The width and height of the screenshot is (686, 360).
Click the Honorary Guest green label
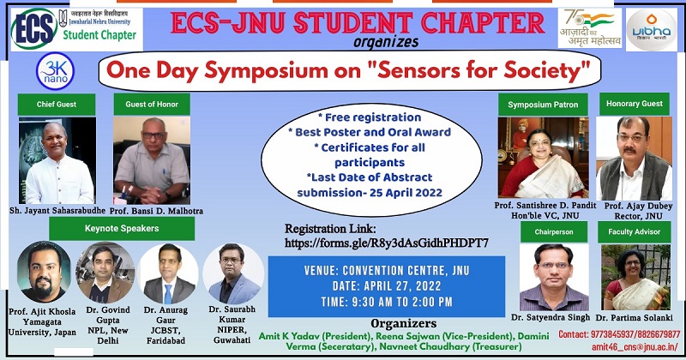pos(635,105)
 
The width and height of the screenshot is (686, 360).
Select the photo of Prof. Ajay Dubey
pos(634,159)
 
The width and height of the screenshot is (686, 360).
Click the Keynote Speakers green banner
pos(122,228)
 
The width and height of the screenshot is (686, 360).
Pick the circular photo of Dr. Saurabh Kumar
pos(233,273)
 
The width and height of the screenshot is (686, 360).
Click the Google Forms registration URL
pos(387,243)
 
